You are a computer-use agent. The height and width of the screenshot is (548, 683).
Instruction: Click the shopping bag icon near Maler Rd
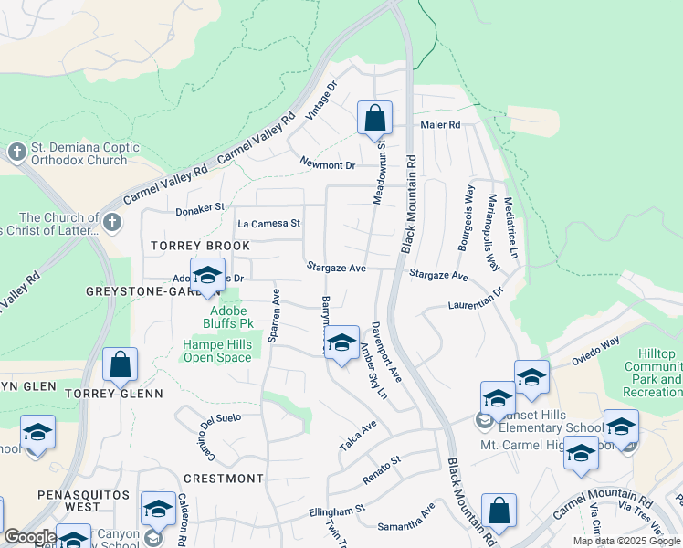(x=374, y=118)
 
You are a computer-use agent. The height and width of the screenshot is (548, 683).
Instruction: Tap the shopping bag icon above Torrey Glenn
(x=120, y=364)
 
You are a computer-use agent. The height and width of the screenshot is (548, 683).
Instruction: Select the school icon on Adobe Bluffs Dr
(x=208, y=275)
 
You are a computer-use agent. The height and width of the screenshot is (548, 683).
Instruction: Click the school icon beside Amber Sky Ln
(x=341, y=343)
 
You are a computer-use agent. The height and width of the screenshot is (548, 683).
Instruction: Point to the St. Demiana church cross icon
(x=16, y=153)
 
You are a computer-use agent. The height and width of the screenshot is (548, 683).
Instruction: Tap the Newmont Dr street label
(x=328, y=164)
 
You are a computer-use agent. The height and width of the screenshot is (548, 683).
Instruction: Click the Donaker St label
(x=200, y=208)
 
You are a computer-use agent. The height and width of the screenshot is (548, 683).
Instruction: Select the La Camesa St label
(x=268, y=223)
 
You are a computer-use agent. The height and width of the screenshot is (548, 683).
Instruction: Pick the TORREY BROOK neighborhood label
(x=200, y=247)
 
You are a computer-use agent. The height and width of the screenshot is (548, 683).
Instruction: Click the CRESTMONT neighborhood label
(x=224, y=479)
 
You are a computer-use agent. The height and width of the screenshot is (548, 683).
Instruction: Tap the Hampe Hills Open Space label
(x=217, y=351)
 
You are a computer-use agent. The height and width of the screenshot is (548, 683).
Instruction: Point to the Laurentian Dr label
(x=476, y=300)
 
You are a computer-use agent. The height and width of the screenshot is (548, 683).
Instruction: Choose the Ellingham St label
(x=336, y=508)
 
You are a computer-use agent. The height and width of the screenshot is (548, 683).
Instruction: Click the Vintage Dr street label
(x=321, y=100)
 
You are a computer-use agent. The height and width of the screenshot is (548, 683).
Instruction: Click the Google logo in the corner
(x=30, y=537)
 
